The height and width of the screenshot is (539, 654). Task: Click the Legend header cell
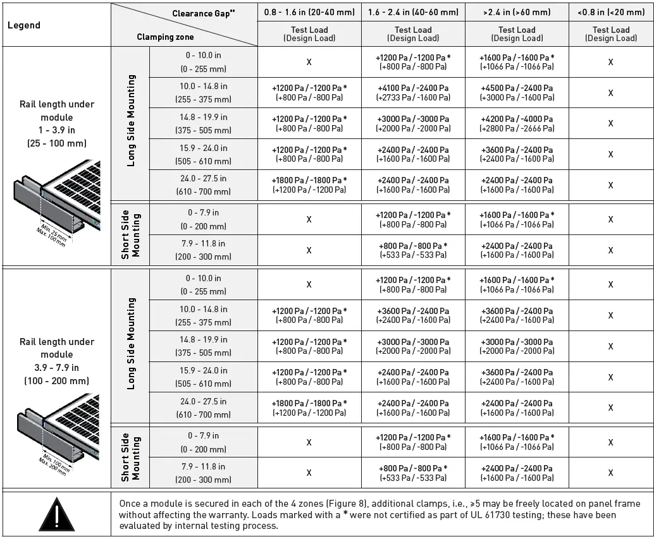(x=24, y=25)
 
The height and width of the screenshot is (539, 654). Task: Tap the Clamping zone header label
(x=164, y=37)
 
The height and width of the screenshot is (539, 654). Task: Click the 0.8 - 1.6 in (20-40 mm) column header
(x=309, y=12)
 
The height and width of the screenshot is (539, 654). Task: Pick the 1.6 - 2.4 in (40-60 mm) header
(x=413, y=12)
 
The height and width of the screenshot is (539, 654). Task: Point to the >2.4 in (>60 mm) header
(x=517, y=12)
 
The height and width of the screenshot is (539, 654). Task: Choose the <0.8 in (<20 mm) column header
(x=610, y=12)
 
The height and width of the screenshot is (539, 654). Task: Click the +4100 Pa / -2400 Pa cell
(x=413, y=93)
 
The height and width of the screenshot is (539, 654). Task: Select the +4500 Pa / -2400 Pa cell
(x=517, y=93)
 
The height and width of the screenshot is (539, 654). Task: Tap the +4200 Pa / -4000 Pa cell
(x=517, y=123)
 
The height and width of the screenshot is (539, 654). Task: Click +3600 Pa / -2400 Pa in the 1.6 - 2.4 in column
(x=413, y=315)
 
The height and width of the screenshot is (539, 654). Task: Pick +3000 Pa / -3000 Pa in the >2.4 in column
(x=517, y=346)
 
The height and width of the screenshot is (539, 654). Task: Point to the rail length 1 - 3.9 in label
(x=56, y=123)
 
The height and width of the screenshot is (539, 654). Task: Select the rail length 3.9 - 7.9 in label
(x=56, y=361)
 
